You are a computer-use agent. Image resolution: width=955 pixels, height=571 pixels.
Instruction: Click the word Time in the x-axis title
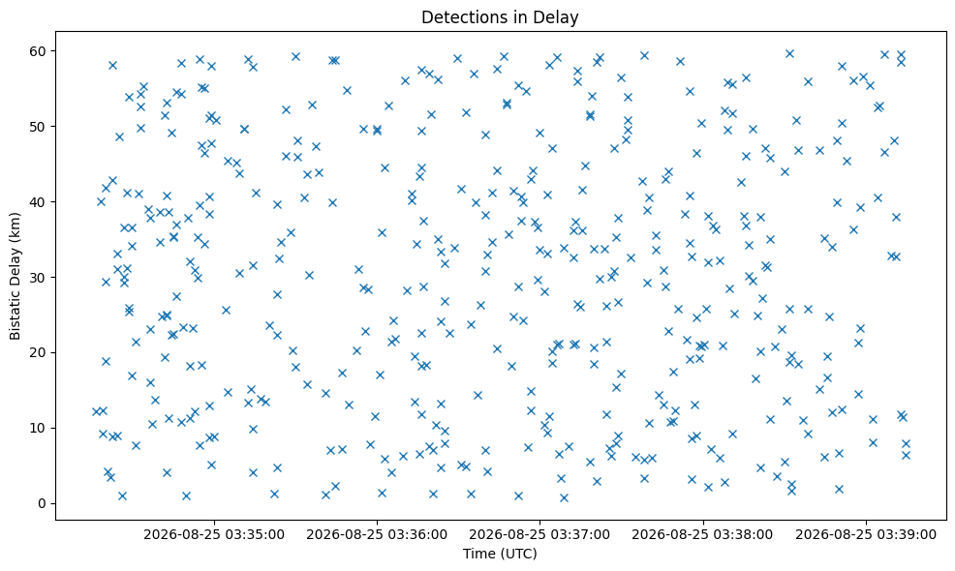click(478, 554)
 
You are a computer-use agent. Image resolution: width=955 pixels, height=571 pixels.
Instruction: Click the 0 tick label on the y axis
click(42, 503)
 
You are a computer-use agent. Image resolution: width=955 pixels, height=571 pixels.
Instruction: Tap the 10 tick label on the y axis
click(38, 428)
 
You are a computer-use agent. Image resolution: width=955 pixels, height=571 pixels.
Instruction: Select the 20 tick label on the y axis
click(38, 352)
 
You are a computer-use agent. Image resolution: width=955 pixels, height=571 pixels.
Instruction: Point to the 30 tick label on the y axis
click(38, 277)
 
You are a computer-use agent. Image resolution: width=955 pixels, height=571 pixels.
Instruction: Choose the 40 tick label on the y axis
click(38, 201)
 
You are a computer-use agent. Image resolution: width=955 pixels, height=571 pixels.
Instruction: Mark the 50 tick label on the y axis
click(38, 126)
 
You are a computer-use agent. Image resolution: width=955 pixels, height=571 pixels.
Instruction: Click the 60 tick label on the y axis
click(38, 50)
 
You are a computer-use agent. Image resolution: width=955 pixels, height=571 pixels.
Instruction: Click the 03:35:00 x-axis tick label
click(214, 535)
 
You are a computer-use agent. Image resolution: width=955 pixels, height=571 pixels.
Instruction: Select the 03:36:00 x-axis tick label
click(377, 535)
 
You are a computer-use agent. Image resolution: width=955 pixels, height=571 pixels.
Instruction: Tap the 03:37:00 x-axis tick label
click(539, 535)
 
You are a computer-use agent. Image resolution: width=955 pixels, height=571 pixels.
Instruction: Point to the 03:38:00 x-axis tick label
click(703, 535)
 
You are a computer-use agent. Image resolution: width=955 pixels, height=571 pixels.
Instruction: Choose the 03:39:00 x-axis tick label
click(866, 535)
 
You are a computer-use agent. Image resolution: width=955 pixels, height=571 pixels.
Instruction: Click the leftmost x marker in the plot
click(96, 411)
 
